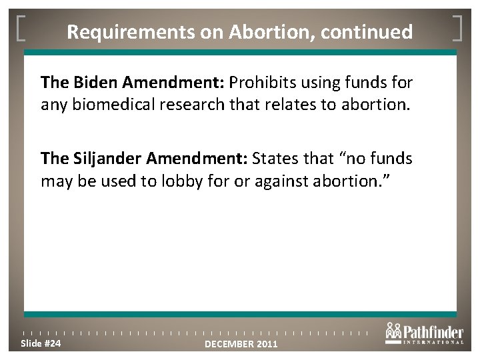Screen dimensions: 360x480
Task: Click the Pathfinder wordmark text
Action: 434,329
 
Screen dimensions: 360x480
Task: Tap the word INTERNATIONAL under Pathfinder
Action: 433,342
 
